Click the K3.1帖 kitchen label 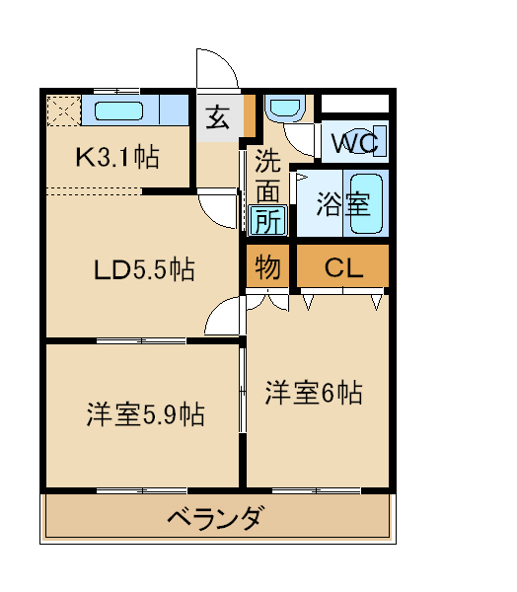click(x=118, y=157)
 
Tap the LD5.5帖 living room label click(x=143, y=268)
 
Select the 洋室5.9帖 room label click(x=144, y=414)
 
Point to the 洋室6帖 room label click(x=313, y=393)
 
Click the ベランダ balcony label click(x=214, y=517)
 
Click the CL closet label click(x=342, y=267)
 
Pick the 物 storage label click(x=267, y=267)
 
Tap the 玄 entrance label click(x=219, y=117)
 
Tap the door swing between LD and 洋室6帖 click(x=226, y=318)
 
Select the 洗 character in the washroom click(x=267, y=159)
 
